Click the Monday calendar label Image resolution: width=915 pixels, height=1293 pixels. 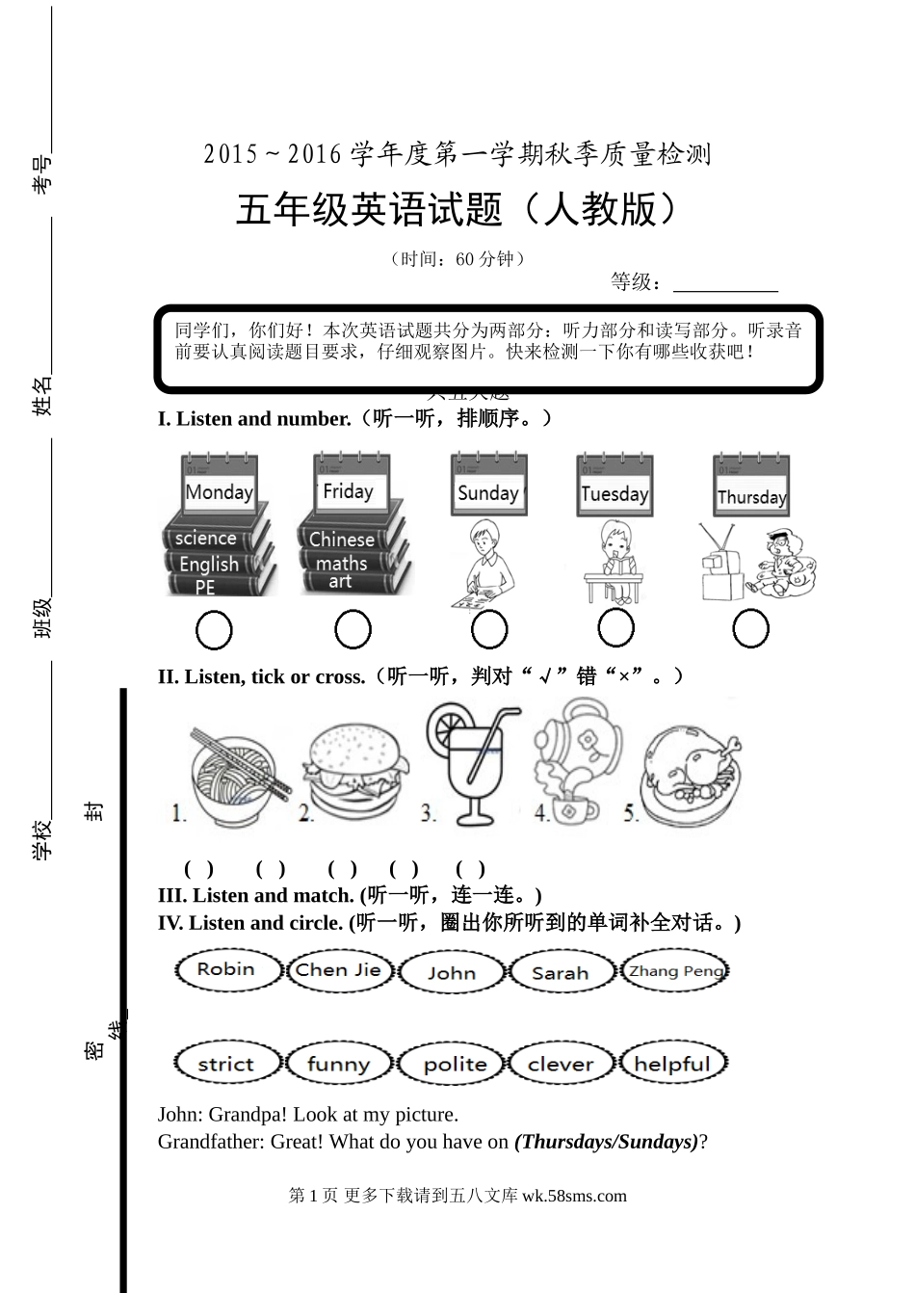coord(219,491)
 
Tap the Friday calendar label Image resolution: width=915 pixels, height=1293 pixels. coord(348,490)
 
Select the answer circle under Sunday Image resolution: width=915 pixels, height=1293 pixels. coord(489,629)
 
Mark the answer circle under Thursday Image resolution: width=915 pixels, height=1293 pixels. coord(750,629)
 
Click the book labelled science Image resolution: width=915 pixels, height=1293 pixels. coord(206,538)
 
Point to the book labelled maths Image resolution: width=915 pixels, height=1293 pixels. coord(342,563)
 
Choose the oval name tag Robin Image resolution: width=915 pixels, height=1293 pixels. coord(226,969)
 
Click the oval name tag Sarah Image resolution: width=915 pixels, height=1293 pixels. coord(561,972)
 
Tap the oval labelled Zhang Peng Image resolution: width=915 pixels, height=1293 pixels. coord(674,970)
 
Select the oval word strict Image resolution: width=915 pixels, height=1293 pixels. coord(226,1064)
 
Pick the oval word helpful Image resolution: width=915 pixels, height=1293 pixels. coord(672,1064)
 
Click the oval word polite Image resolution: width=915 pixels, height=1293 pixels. coord(455,1064)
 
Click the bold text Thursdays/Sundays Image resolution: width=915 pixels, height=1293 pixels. coord(607,1142)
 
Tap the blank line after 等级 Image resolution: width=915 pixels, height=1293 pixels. coord(724,284)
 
